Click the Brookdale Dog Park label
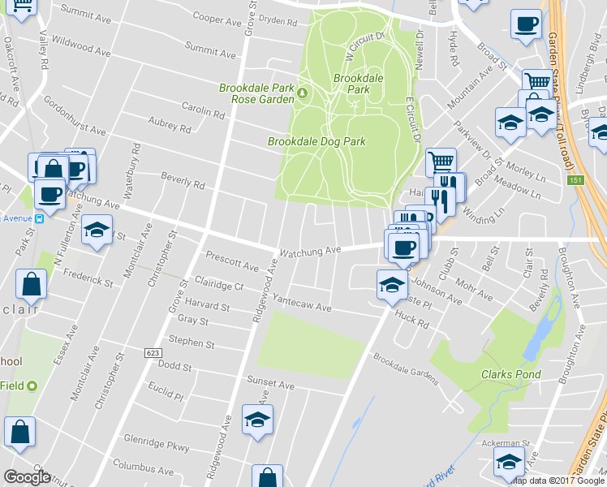(x=316, y=141)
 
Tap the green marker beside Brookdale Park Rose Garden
(x=302, y=93)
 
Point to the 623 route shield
(x=153, y=353)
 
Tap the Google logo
(x=28, y=476)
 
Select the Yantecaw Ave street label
(x=302, y=304)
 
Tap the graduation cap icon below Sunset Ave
(x=258, y=420)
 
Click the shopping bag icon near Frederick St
(x=31, y=285)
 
